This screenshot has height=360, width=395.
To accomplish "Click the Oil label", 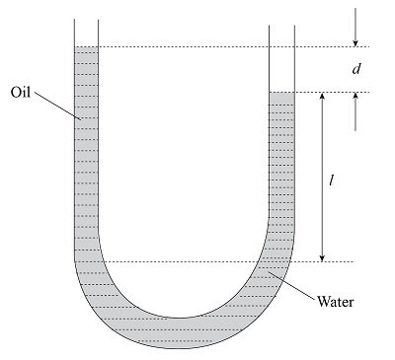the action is tap(23, 92).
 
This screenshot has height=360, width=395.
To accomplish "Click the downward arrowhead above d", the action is tap(354, 41).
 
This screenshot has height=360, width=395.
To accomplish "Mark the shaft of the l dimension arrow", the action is tap(322, 178).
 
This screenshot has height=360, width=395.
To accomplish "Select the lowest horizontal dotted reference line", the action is tap(197, 261).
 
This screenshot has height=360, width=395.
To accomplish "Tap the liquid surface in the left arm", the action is tap(86, 47).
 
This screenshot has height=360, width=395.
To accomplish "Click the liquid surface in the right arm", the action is tap(282, 93).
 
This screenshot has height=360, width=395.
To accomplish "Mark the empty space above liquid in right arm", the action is tap(282, 59).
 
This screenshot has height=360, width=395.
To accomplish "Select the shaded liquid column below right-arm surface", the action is tap(282, 168).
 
